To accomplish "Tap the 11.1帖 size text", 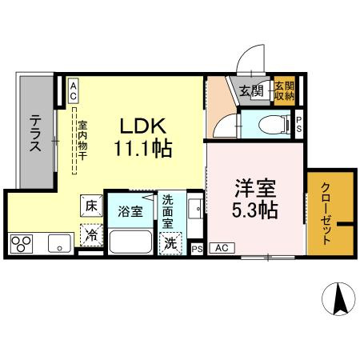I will (143, 149).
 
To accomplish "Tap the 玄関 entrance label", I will (250, 90).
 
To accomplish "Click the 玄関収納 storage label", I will (284, 90).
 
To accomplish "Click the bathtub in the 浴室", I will (132, 241).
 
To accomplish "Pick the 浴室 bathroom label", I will (131, 212).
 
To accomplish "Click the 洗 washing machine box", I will (170, 243).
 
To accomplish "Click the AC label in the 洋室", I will (222, 249).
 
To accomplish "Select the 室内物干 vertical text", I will (82, 144).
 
